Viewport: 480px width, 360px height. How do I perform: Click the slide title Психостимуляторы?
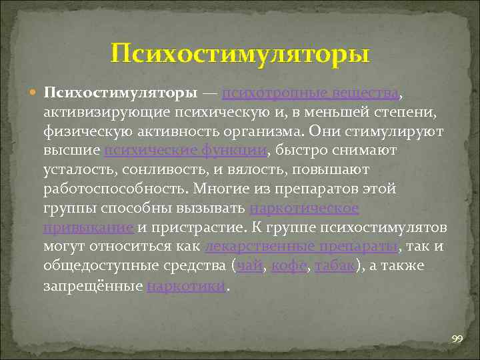pos(240,53)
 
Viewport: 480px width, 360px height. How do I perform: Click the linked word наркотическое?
pos(304,209)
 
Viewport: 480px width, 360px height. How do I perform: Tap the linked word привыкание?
pos(89,228)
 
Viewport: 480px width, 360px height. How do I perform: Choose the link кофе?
pos(288,267)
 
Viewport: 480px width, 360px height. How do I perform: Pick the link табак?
pos(335,267)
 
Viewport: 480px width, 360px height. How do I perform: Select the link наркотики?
pos(187,287)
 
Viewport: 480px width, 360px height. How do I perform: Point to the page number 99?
pos(457,339)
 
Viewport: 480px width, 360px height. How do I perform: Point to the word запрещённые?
pos(93,287)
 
